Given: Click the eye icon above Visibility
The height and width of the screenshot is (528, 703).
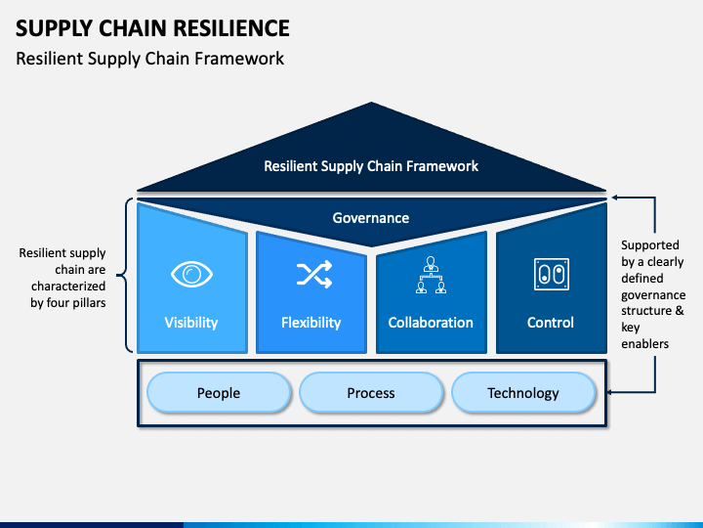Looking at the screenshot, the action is tap(191, 274).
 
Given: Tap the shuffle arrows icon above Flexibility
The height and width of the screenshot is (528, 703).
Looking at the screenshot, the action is tap(314, 274).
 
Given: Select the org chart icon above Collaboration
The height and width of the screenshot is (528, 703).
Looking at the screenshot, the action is tap(431, 275).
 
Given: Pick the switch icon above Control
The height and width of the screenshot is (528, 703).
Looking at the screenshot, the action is tap(552, 274).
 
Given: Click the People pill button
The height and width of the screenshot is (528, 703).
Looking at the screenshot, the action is tap(219, 392).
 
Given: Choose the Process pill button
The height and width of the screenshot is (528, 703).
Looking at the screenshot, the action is tap(371, 392).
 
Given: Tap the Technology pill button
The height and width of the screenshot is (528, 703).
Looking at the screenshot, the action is tap(523, 392).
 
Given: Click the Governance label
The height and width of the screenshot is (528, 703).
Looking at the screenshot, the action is tap(371, 218).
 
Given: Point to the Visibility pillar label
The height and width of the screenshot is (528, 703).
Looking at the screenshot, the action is tap(191, 323).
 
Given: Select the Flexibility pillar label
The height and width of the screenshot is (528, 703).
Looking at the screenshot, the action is tap(311, 323).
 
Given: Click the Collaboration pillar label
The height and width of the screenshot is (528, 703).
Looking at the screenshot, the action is tap(431, 323).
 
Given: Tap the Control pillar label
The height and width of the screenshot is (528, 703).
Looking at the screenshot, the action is tap(550, 323).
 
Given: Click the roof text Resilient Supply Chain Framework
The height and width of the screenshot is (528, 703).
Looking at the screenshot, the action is tap(371, 166).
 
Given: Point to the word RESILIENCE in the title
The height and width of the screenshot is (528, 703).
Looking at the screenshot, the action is tap(231, 28).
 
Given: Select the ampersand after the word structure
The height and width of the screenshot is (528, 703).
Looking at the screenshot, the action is tap(680, 310).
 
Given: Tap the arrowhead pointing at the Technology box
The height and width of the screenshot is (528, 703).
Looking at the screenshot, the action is tap(610, 392).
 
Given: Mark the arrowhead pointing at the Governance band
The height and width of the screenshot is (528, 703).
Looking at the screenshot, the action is tap(615, 198).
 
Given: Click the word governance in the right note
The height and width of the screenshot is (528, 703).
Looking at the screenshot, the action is tap(653, 295).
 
